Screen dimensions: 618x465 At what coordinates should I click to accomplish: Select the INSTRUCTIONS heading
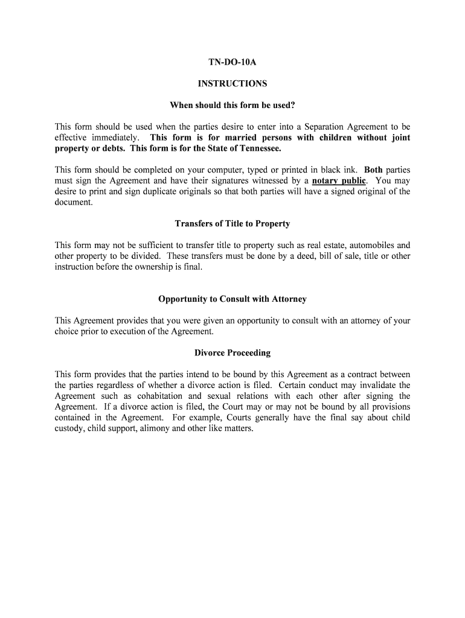click(x=232, y=84)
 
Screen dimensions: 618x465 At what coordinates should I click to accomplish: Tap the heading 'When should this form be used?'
click(x=232, y=106)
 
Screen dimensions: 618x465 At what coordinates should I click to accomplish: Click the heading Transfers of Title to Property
click(x=232, y=224)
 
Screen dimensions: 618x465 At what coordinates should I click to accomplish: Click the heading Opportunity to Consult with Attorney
click(x=232, y=299)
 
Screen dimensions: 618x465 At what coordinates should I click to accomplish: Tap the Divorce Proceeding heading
click(x=232, y=353)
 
